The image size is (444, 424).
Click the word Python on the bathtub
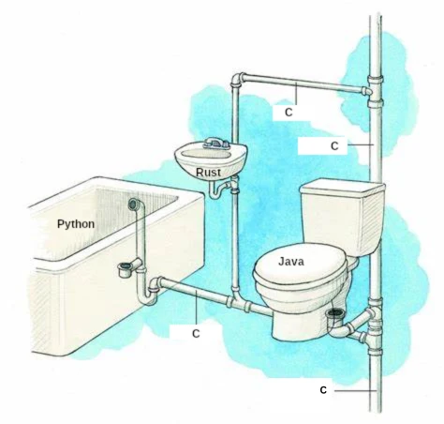tap(76, 224)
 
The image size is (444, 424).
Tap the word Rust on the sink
tap(208, 172)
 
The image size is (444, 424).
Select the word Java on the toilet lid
tap(291, 262)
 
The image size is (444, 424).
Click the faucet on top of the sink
tap(215, 144)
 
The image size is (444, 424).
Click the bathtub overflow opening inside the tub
tap(133, 204)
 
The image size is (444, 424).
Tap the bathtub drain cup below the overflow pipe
tap(126, 269)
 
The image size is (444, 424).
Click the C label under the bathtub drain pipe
tap(196, 334)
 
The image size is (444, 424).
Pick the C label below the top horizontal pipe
tap(289, 113)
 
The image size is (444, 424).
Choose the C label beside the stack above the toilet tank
tap(334, 145)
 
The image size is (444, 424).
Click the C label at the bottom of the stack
tap(323, 390)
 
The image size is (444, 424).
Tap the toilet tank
tap(342, 216)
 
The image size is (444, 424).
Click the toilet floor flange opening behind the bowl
tap(335, 312)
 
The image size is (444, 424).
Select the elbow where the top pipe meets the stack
tap(366, 91)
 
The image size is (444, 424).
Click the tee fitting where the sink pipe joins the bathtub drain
tap(238, 301)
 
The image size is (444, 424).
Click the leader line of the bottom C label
tap(355, 391)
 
